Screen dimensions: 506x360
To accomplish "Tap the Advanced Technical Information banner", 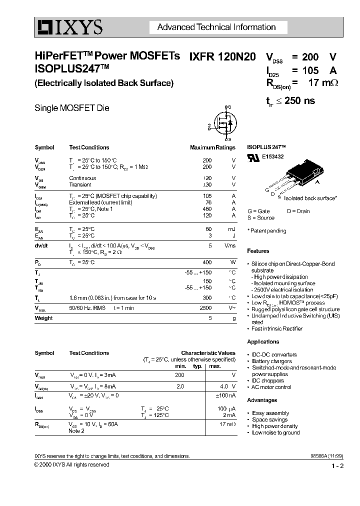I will [216, 27].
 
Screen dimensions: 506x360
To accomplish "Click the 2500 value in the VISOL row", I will [206, 308].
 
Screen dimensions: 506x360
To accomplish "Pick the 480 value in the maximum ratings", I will [206, 208].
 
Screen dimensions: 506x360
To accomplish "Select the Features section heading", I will [258, 251].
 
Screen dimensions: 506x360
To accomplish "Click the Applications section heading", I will [263, 342].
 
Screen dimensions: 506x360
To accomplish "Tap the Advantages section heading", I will [262, 400].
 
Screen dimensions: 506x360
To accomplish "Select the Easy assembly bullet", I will [270, 413].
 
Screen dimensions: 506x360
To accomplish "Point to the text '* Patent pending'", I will [267, 231].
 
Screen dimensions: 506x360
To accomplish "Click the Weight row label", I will [43, 318].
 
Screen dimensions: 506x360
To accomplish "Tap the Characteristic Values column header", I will [208, 353].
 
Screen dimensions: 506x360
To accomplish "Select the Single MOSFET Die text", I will [71, 108].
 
